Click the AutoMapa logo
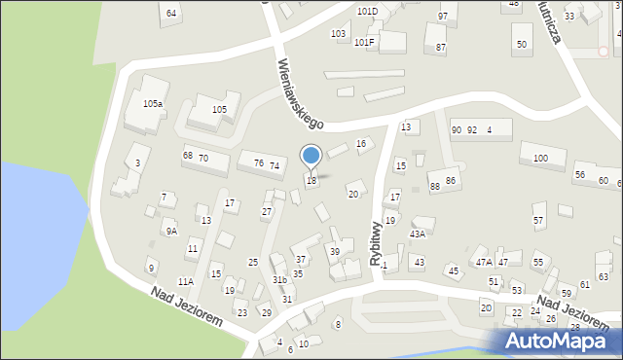556,341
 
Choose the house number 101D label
367,12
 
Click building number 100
540,158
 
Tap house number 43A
418,234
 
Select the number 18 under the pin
311,181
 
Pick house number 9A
170,232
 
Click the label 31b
279,280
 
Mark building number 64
171,13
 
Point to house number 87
441,47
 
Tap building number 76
259,163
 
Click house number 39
334,252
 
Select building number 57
538,221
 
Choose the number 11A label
185,282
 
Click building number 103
338,34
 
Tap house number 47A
483,263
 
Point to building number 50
522,45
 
